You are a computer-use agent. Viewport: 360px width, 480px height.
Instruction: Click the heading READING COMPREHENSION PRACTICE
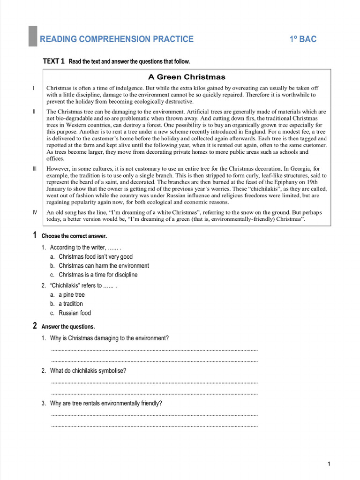(x=116, y=39)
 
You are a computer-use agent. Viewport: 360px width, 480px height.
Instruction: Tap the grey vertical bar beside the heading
(x=32, y=36)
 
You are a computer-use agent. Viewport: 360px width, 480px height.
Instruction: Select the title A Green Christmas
(x=187, y=77)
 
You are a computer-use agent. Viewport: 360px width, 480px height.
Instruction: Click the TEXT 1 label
(x=53, y=61)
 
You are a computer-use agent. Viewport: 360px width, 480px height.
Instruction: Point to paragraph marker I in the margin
(x=34, y=88)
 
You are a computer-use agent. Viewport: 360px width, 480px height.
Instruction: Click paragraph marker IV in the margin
(x=35, y=212)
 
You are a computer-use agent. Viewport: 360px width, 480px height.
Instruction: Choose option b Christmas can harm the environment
(x=104, y=266)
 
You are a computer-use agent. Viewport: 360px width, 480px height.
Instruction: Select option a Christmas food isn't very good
(x=96, y=257)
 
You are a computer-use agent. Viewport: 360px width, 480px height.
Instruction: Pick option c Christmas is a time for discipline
(x=98, y=275)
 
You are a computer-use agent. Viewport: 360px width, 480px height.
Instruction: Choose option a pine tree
(x=71, y=295)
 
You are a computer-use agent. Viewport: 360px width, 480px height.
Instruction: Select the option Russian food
(x=75, y=313)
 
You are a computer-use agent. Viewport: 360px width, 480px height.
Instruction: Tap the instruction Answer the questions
(x=68, y=326)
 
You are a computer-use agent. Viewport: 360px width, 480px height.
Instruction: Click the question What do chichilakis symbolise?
(x=88, y=371)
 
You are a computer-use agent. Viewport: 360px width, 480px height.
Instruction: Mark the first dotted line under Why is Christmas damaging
(x=154, y=350)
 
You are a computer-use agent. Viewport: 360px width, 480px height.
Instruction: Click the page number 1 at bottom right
(x=329, y=464)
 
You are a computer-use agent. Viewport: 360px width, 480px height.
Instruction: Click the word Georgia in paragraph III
(x=298, y=169)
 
